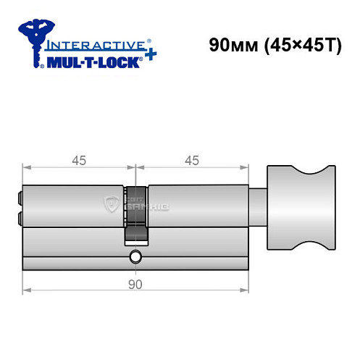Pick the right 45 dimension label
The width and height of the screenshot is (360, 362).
(192, 161)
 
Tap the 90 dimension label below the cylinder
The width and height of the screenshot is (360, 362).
(135, 284)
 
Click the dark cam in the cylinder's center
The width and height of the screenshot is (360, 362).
(135, 217)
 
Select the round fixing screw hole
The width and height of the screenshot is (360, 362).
(135, 257)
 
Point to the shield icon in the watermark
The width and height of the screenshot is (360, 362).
(112, 203)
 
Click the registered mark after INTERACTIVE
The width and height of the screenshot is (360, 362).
(149, 41)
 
